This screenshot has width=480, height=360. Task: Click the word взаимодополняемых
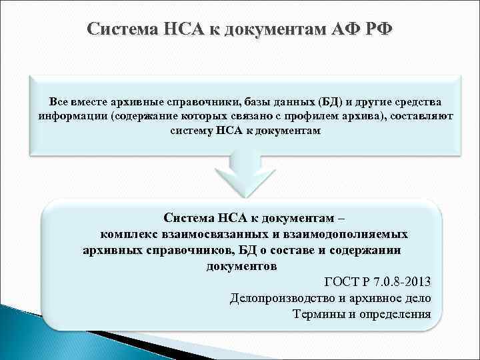tap(338, 234)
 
